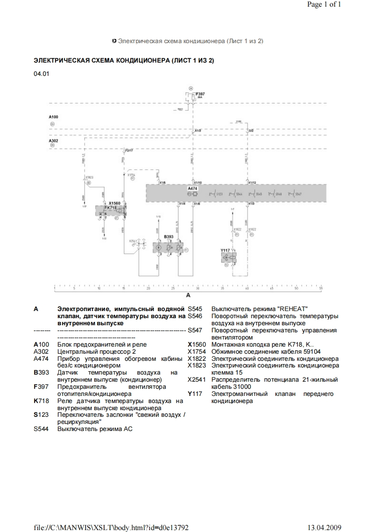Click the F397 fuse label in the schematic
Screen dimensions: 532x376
[201, 94]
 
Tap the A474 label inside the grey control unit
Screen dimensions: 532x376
[193, 188]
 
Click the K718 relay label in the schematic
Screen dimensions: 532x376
[112, 207]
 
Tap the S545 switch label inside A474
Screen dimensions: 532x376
[258, 194]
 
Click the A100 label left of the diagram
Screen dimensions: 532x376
[53, 117]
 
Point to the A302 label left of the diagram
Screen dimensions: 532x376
[53, 141]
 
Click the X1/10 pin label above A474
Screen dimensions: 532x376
[198, 182]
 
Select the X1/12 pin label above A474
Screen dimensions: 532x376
[252, 182]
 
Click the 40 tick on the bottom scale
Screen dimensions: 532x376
[247, 288]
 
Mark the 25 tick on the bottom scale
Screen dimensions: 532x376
[173, 288]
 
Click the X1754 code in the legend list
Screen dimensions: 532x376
[196, 351]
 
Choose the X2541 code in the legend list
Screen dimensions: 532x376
[196, 379]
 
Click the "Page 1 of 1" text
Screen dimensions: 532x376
[324, 5]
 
